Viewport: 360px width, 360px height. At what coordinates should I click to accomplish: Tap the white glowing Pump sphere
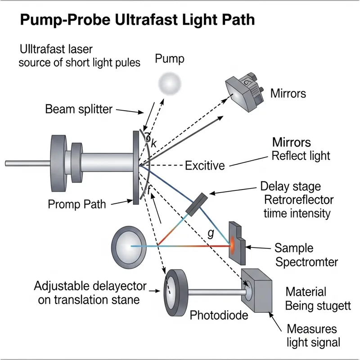tap(171, 83)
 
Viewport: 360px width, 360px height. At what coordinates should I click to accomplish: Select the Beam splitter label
tap(79, 109)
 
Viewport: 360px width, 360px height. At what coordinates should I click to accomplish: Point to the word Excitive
tap(205, 166)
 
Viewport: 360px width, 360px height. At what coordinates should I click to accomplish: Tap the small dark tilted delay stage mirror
tap(197, 204)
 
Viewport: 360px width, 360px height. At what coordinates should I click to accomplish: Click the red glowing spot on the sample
tap(234, 246)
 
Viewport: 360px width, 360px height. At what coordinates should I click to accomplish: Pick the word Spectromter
tap(306, 262)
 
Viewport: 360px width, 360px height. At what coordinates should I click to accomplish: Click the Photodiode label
tap(219, 315)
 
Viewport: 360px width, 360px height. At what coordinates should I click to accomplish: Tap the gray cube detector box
tap(257, 290)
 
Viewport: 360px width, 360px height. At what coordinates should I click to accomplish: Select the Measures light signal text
tap(313, 335)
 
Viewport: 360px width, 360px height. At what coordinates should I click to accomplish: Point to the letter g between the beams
tap(210, 233)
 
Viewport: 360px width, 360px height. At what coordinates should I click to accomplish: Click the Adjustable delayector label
tap(90, 286)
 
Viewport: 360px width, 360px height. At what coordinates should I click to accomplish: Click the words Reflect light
tap(301, 156)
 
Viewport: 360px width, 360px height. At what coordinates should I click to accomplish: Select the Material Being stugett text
tap(318, 299)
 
